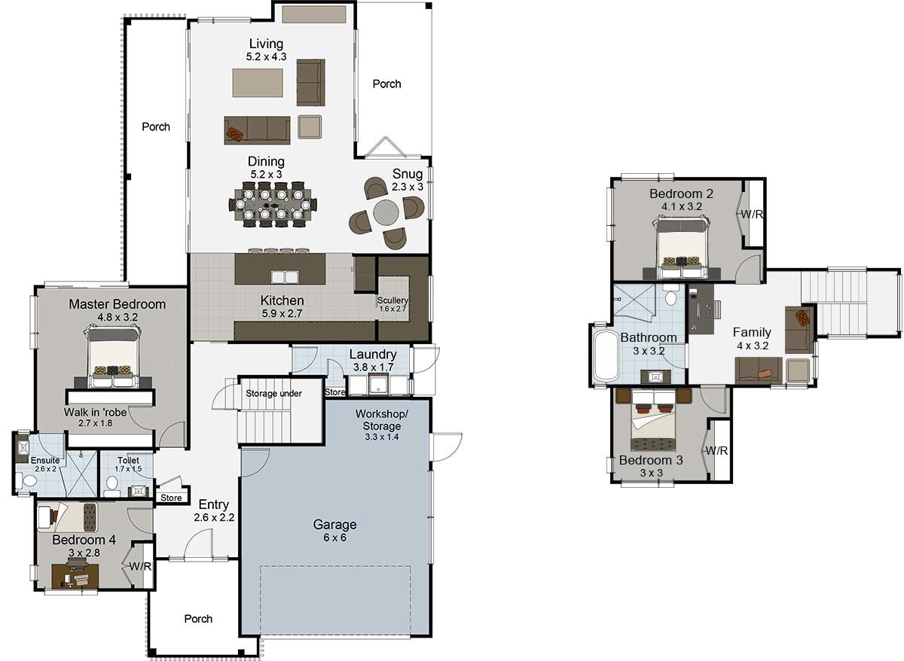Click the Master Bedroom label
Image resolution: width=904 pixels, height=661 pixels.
[117, 304]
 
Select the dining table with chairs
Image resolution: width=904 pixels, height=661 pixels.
[273, 204]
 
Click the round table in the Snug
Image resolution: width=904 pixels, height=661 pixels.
[386, 212]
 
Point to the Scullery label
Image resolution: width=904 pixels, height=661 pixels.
[392, 300]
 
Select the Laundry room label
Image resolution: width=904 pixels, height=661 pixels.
[372, 355]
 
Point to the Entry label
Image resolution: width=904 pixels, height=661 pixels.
[214, 504]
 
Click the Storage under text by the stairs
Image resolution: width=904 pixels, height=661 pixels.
[273, 393]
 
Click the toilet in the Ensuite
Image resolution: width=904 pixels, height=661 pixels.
[29, 480]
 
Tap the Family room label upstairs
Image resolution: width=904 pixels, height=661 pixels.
[751, 332]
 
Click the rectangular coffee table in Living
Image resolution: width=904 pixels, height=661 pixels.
[258, 83]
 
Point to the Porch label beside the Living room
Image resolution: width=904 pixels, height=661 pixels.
[386, 84]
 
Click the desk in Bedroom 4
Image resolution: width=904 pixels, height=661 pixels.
[75, 577]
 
